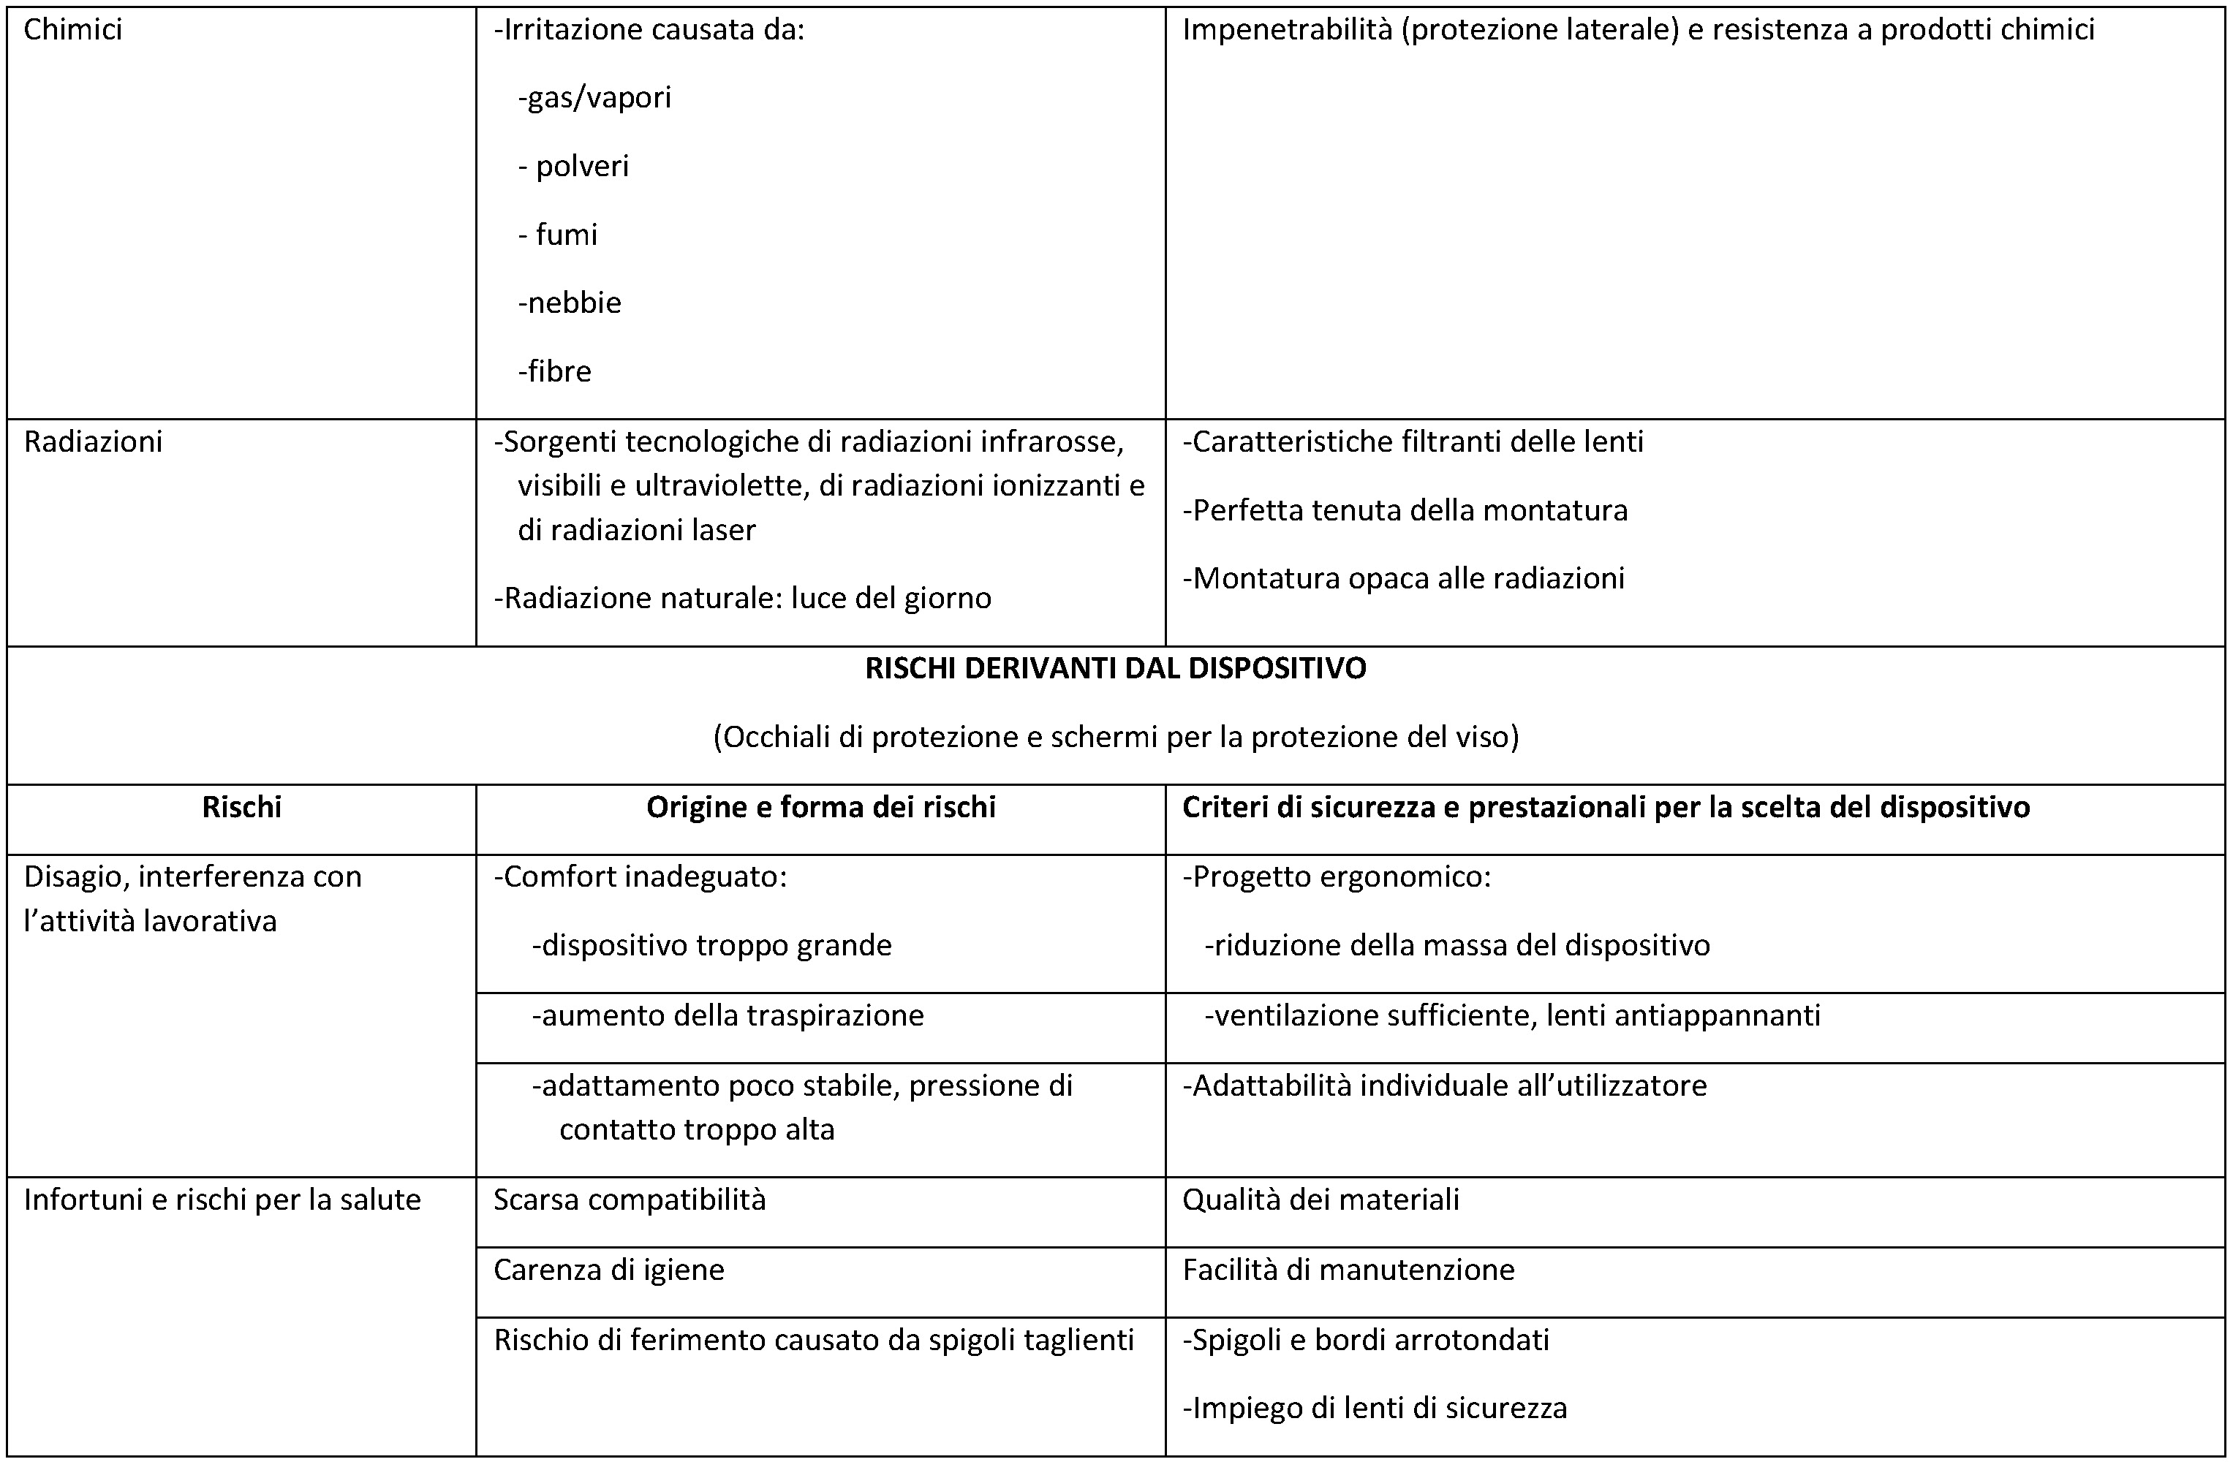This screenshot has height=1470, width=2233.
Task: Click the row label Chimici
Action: pyautogui.click(x=72, y=30)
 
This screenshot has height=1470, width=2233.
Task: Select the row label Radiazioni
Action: pyautogui.click(x=93, y=442)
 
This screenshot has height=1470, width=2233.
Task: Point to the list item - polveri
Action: pyautogui.click(x=573, y=166)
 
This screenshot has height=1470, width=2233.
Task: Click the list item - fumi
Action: pyautogui.click(x=557, y=235)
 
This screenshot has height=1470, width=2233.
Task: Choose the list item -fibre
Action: pyautogui.click(x=554, y=371)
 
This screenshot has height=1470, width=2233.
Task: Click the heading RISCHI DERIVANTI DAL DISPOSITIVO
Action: pyautogui.click(x=1116, y=668)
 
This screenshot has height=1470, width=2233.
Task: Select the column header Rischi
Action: pyautogui.click(x=241, y=807)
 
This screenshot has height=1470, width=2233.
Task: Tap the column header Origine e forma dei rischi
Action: pyautogui.click(x=821, y=807)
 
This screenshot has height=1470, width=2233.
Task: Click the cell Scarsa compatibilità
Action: pyautogui.click(x=630, y=1199)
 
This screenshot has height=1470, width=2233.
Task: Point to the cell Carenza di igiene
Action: pyautogui.click(x=609, y=1269)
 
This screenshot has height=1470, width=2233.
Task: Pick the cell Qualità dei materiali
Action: pyautogui.click(x=1320, y=1199)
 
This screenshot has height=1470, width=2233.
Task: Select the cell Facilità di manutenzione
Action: pyautogui.click(x=1348, y=1269)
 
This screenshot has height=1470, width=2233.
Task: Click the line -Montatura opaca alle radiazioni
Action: pyautogui.click(x=1402, y=578)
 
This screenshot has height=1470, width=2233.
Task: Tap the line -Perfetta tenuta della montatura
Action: pyautogui.click(x=1405, y=510)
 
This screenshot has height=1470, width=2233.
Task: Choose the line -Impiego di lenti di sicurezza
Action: pyautogui.click(x=1375, y=1407)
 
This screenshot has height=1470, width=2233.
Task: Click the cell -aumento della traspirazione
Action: pyautogui.click(x=728, y=1015)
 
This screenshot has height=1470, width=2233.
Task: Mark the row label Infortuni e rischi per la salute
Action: pyautogui.click(x=222, y=1199)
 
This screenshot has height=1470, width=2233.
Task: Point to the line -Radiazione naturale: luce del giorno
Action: pyautogui.click(x=742, y=597)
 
